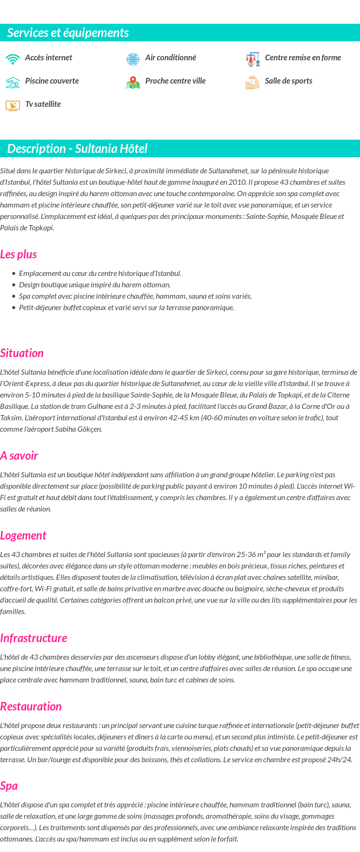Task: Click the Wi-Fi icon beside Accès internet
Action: (13, 59)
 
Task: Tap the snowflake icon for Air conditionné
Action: (133, 59)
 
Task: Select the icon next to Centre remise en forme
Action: (253, 59)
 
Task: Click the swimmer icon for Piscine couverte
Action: (13, 83)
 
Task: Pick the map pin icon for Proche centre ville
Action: (133, 83)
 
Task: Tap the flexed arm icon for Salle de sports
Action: (253, 83)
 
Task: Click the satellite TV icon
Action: (13, 105)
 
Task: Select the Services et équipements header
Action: (68, 33)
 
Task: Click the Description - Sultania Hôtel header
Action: (77, 149)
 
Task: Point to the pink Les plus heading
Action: (19, 255)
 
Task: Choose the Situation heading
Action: (22, 353)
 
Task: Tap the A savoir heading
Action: (19, 456)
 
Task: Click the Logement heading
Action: (23, 536)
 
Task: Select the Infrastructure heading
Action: (34, 638)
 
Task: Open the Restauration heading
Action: (31, 707)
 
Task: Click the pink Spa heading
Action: (9, 786)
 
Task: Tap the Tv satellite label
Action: (43, 104)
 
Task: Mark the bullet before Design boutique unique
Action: (14, 285)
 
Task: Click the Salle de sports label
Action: (288, 81)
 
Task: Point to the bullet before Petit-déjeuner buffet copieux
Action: (14, 308)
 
